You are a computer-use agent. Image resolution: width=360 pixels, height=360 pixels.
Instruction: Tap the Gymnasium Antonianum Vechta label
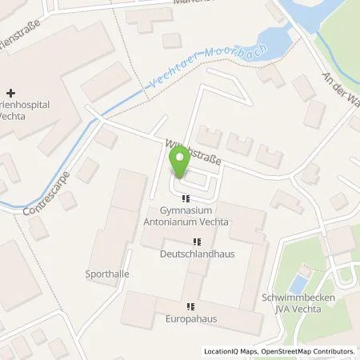pos(186,216)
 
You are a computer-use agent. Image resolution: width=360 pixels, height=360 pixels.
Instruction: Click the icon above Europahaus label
pos(190,306)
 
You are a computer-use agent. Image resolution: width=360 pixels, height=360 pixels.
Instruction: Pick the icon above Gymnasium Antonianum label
pos(186,198)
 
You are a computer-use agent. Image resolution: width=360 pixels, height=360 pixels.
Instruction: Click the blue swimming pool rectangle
pos(298,282)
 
